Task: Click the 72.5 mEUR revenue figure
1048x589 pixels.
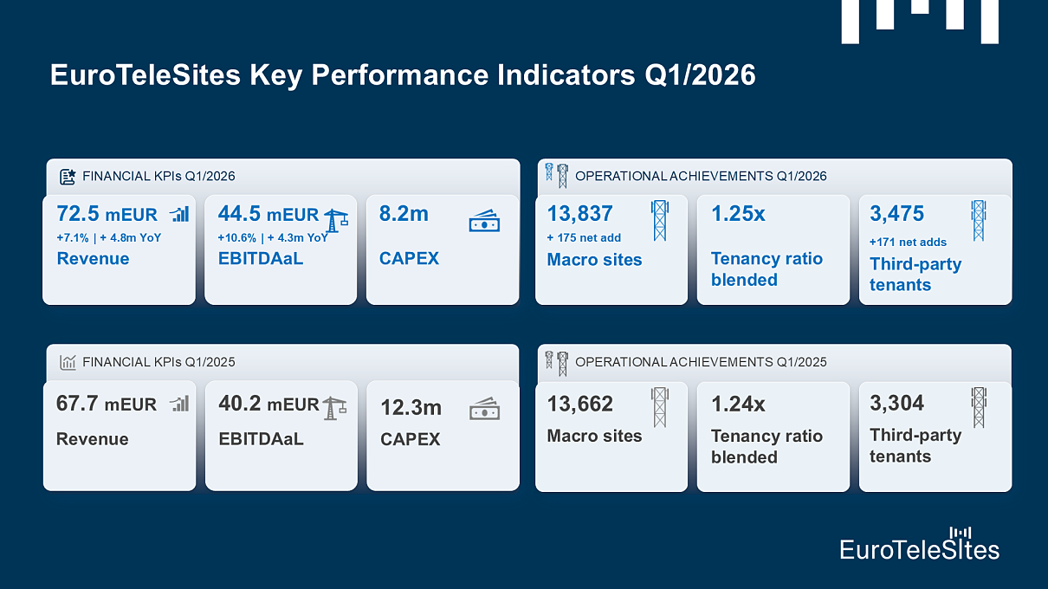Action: [107, 214]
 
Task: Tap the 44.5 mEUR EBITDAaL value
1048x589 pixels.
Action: [268, 214]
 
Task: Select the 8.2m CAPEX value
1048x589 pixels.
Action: [404, 214]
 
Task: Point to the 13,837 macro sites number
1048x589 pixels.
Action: [579, 213]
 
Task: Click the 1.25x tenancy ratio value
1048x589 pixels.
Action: [738, 214]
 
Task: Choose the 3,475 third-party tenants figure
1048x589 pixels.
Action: [896, 213]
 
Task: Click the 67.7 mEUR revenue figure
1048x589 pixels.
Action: [107, 404]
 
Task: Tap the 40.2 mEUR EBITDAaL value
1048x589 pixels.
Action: [268, 404]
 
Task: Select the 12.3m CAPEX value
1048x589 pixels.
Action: [411, 406]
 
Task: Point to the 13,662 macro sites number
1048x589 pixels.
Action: [579, 404]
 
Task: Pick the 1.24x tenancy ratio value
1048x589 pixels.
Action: [738, 404]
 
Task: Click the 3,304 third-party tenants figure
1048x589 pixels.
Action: [896, 403]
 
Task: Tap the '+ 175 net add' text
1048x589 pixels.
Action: [584, 237]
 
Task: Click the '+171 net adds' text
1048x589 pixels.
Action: [908, 242]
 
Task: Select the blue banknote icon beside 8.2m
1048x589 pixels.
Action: [484, 222]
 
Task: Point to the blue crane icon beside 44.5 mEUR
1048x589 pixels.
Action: [336, 221]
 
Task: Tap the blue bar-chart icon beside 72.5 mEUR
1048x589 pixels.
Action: [179, 214]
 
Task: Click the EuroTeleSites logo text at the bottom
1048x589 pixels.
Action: [919, 548]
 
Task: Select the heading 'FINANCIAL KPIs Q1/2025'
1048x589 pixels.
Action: [158, 362]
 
